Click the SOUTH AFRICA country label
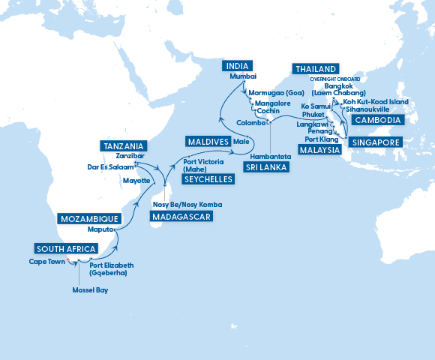66,249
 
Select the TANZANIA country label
123,145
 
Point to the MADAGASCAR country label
181,217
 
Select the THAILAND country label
316,68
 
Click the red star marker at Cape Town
67,261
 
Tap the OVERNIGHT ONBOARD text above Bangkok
334,79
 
